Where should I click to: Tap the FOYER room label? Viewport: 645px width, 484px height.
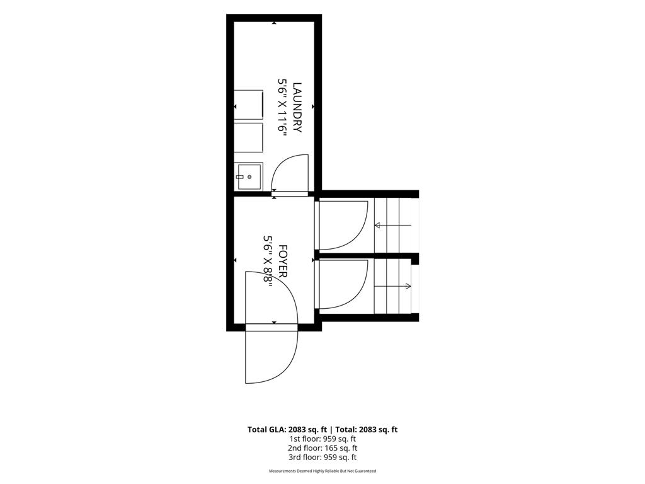(283, 261)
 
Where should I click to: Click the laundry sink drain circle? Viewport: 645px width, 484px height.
(249, 177)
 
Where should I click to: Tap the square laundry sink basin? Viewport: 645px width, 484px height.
(248, 176)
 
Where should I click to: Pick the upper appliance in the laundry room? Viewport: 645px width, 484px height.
(248, 105)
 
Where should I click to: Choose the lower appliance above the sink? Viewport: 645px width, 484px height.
(248, 137)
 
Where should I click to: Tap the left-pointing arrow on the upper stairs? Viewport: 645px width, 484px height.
(392, 225)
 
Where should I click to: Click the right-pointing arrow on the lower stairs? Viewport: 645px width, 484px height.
(392, 286)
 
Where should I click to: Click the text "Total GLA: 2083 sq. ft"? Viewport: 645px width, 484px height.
(287, 430)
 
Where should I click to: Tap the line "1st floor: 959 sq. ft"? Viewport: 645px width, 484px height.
(322, 439)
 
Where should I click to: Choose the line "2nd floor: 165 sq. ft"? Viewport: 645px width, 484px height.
(322, 448)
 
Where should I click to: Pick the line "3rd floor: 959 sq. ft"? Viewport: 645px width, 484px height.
(322, 458)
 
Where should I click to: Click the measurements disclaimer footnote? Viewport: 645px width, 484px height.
(322, 471)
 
